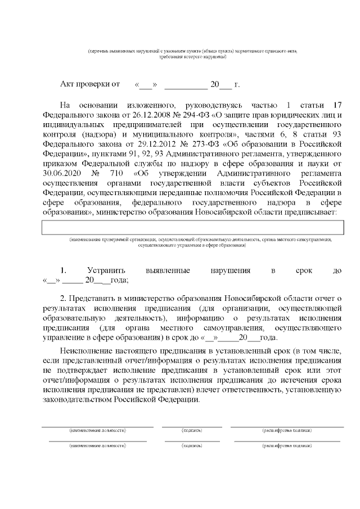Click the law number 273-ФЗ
(188, 143)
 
